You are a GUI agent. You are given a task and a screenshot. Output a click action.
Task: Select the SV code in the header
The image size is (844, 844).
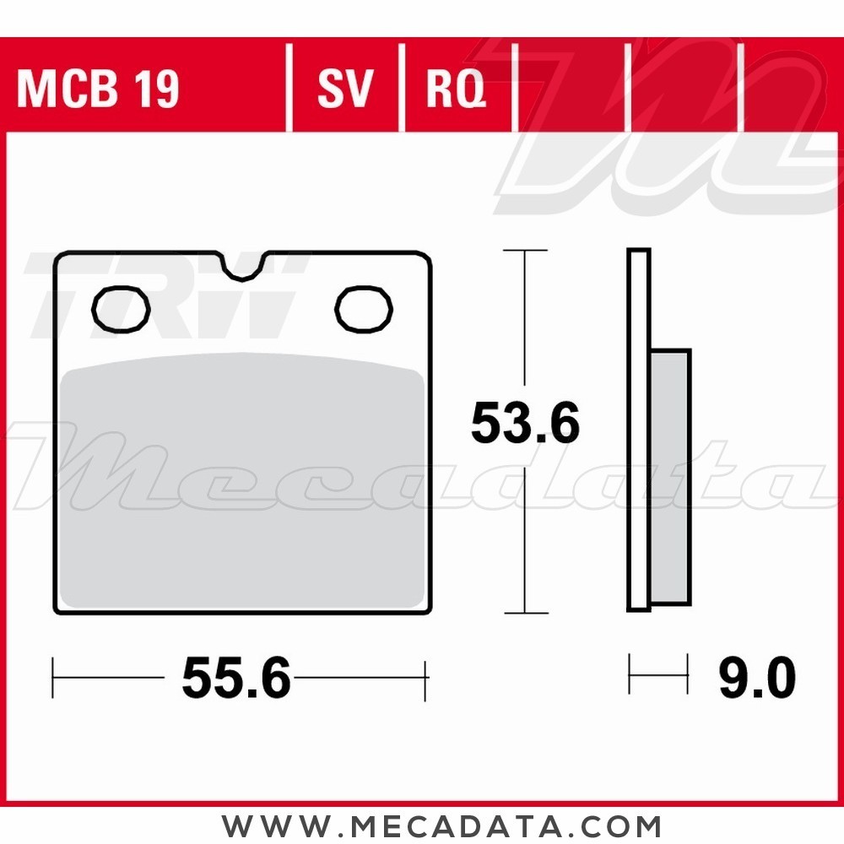(345, 89)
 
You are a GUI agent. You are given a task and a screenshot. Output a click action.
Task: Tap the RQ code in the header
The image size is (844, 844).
(457, 89)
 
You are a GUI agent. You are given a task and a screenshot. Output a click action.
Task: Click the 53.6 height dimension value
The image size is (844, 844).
(525, 424)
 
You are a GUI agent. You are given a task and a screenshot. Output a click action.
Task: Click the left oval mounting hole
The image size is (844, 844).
(121, 309)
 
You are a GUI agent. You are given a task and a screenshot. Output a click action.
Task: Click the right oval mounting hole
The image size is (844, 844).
(364, 308)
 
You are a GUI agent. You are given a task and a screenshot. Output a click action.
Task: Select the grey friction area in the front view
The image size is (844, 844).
(243, 481)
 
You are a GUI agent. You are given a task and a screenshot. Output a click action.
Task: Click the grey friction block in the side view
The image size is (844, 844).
(670, 477)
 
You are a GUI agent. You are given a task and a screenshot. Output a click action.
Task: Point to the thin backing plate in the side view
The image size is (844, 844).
(639, 430)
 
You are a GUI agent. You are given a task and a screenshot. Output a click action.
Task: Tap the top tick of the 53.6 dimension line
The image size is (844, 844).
(525, 251)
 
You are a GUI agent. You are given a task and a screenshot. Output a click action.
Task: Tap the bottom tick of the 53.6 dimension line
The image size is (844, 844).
(525, 613)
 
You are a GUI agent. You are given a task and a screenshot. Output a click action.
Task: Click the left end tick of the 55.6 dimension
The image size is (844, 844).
(53, 678)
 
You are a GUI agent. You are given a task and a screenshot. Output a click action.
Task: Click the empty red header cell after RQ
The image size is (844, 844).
(571, 89)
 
